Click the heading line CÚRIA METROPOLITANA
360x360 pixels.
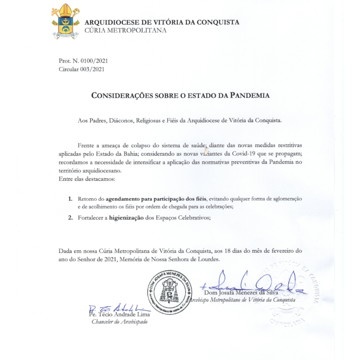point(126,30)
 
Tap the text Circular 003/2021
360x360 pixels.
point(81,69)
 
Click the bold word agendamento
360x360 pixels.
point(123,199)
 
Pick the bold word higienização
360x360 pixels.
point(126,218)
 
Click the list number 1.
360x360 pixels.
point(70,199)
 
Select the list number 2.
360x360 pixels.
point(70,218)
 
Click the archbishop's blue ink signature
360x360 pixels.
point(253,283)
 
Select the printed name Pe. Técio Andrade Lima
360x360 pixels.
point(120,314)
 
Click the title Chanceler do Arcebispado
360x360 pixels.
point(120,322)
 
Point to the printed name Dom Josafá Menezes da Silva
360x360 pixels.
point(241,292)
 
